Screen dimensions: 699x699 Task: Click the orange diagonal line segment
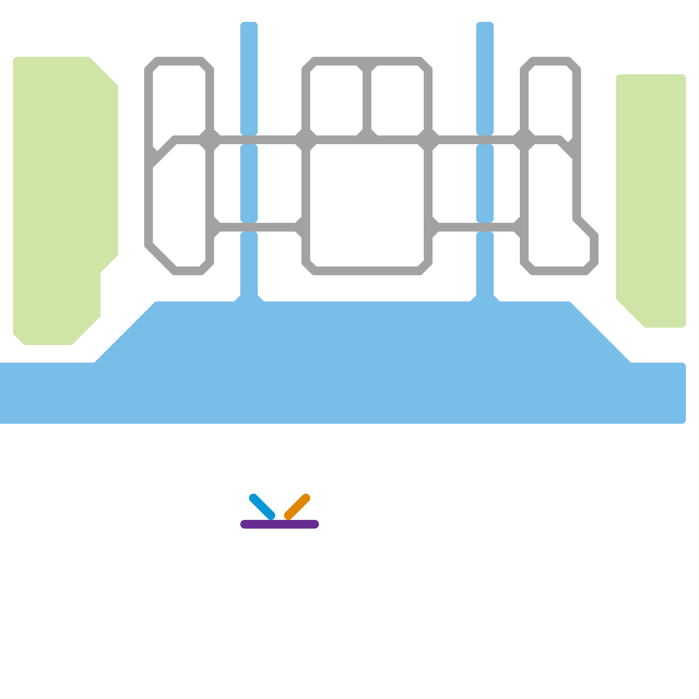tap(297, 507)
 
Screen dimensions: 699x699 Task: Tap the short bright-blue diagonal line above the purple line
tap(262, 507)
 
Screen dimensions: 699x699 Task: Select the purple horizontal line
tap(280, 524)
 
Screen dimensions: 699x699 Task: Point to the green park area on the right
tap(651, 197)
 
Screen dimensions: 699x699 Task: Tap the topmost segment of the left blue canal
tap(249, 79)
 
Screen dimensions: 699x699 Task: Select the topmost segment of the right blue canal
tap(485, 79)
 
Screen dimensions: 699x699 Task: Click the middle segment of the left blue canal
tap(249, 183)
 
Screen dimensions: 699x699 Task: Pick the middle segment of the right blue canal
tap(485, 183)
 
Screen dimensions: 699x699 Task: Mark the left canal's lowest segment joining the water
tap(249, 266)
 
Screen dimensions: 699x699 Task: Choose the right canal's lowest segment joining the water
tap(485, 266)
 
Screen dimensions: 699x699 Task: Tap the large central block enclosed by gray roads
tap(367, 205)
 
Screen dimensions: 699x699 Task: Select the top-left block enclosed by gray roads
tap(179, 100)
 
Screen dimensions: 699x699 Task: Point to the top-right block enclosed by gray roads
tap(550, 100)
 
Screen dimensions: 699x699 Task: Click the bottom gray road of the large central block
tap(367, 271)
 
